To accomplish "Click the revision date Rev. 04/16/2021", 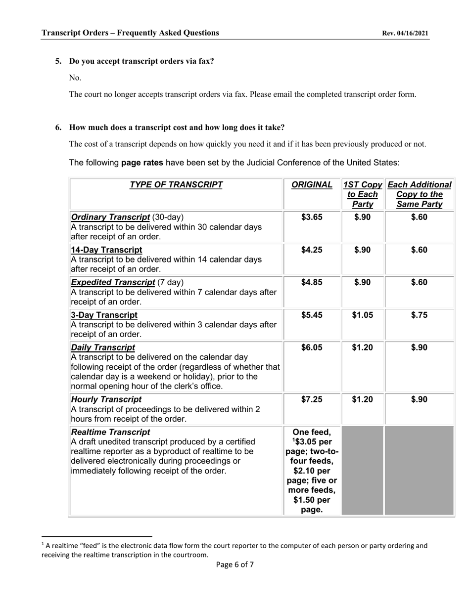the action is coord(405,34).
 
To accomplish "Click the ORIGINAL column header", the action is coord(312,185).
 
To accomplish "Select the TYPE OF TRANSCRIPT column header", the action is coord(176,185).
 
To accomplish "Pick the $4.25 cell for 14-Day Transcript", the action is coord(312,250).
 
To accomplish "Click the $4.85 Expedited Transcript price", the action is coord(312,283).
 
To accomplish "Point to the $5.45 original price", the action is coord(312,315).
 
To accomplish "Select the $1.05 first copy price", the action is coord(362,315).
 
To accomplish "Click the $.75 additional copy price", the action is coord(419,315).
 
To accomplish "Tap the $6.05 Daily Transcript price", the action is coord(312,348).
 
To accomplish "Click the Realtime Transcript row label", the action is coord(110,433).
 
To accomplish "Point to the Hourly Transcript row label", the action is coord(106,399).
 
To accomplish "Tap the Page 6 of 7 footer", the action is coord(235,565).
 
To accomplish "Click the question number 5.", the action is coord(58,61).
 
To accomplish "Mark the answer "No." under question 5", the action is coord(75,78).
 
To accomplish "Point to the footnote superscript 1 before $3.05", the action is coord(293,438).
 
